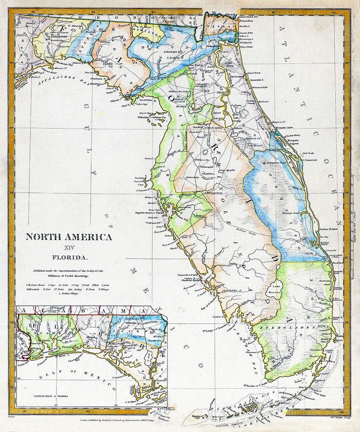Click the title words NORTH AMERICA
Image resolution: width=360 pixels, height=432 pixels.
[x=69, y=237]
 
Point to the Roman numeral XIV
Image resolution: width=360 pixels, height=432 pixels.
[x=69, y=248]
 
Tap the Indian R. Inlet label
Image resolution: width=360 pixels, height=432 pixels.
[x=329, y=229]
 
